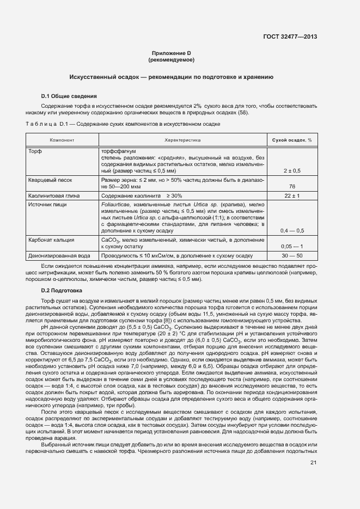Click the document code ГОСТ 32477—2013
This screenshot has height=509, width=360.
coord(290,37)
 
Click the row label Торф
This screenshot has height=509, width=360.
coord(35,151)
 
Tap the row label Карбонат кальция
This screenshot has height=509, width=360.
coord(51,240)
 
